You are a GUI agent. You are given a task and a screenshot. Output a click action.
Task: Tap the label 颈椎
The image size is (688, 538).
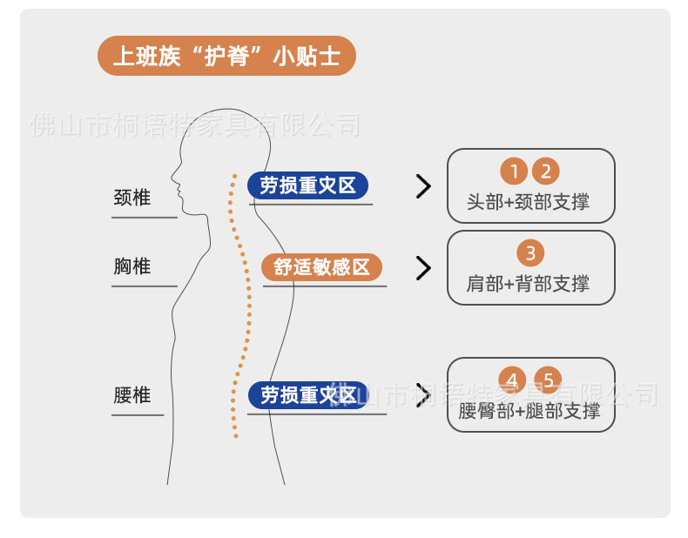[132, 198]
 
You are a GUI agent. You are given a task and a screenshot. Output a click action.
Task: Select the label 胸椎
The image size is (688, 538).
[132, 266]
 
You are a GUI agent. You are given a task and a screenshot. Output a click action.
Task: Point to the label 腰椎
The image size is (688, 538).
[132, 395]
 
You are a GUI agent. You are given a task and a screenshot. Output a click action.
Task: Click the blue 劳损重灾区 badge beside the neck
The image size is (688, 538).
[308, 185]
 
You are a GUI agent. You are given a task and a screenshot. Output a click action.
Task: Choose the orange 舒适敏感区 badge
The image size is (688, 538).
[322, 267]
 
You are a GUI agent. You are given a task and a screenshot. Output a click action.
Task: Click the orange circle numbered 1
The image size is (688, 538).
[515, 171]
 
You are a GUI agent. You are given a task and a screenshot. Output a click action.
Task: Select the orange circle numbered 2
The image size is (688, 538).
[546, 171]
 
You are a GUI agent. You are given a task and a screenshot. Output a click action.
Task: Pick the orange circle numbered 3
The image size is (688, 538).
[530, 253]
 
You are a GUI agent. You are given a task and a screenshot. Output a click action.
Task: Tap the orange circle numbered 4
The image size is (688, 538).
[513, 380]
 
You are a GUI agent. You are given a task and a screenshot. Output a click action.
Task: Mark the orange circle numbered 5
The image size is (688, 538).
[548, 380]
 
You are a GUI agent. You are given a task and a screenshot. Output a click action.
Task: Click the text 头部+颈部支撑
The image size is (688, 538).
[529, 202]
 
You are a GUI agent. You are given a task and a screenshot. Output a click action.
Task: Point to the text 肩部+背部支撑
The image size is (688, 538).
[529, 284]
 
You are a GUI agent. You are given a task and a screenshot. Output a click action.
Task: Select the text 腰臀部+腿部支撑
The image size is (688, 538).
[529, 411]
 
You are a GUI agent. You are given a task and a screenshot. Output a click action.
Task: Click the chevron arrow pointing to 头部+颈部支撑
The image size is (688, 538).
[423, 186]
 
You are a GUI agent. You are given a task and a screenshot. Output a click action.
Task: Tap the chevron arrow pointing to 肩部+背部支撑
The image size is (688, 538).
[423, 268]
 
